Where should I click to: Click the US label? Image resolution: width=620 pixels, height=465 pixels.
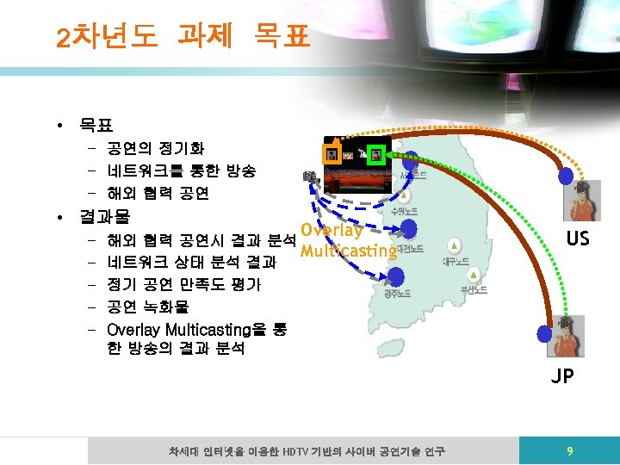pyautogui.click(x=577, y=238)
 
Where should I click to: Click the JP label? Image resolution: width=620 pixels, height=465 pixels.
pyautogui.click(x=563, y=375)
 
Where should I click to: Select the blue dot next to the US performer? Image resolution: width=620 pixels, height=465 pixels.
pyautogui.click(x=566, y=176)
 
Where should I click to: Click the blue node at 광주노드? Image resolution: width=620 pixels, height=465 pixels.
pyautogui.click(x=395, y=276)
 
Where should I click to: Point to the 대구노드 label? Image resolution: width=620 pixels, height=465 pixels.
pyautogui.click(x=456, y=261)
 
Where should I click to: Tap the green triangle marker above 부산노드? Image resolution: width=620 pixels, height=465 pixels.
pyautogui.click(x=473, y=276)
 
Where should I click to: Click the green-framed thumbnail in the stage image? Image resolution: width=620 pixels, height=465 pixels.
pyautogui.click(x=375, y=155)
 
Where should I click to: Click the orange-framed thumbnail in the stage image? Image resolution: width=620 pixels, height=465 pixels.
pyautogui.click(x=331, y=154)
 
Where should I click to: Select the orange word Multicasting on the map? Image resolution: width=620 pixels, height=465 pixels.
pyautogui.click(x=348, y=251)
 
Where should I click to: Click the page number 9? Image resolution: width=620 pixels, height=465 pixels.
pyautogui.click(x=568, y=450)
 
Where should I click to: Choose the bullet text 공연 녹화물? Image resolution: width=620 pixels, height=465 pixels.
pyautogui.click(x=147, y=307)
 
